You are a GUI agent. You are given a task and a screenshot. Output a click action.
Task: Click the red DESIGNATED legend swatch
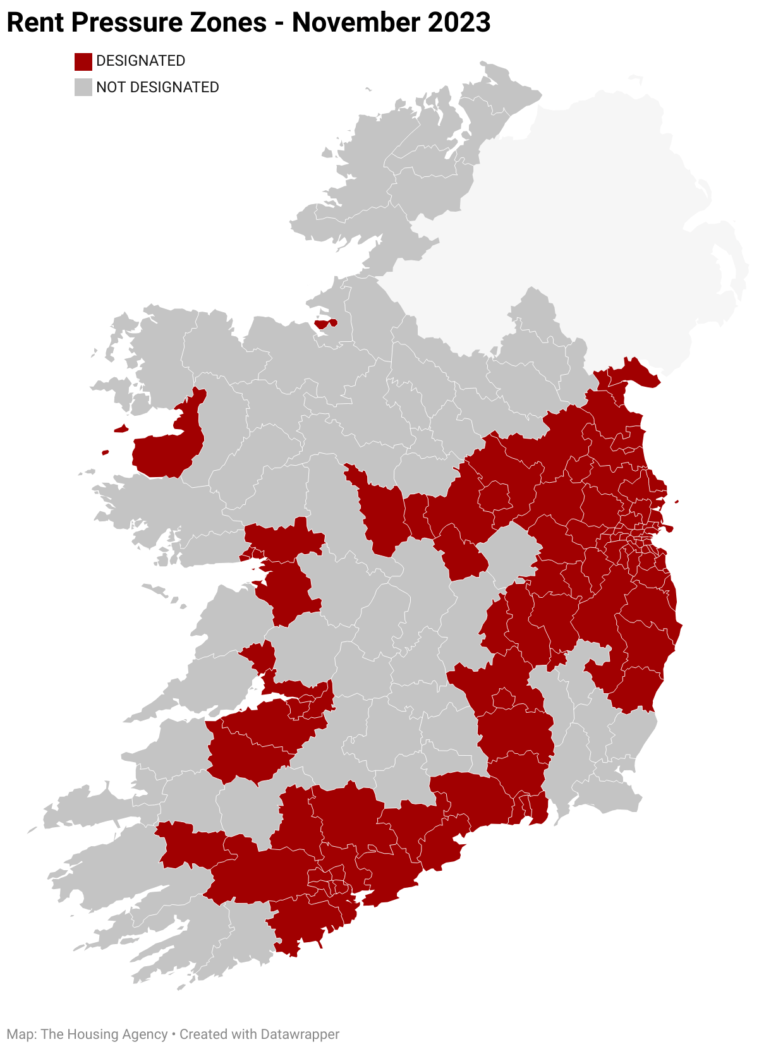click(x=83, y=61)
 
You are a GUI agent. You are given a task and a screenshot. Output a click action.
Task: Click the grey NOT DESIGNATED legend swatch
click(x=83, y=87)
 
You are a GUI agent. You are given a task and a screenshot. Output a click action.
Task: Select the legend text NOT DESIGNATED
click(x=157, y=87)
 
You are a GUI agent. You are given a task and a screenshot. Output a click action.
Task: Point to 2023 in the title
click(x=458, y=23)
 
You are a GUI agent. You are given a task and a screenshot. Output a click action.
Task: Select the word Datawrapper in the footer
click(x=300, y=1034)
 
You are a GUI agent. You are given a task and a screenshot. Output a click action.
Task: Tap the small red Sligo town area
click(x=325, y=324)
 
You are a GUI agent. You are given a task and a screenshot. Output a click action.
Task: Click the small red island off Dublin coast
click(x=677, y=502)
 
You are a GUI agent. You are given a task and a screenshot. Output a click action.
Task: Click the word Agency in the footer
click(x=145, y=1034)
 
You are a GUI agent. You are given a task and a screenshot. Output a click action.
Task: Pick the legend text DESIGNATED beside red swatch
click(x=140, y=61)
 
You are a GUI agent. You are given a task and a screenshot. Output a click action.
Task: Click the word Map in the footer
click(x=21, y=1034)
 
